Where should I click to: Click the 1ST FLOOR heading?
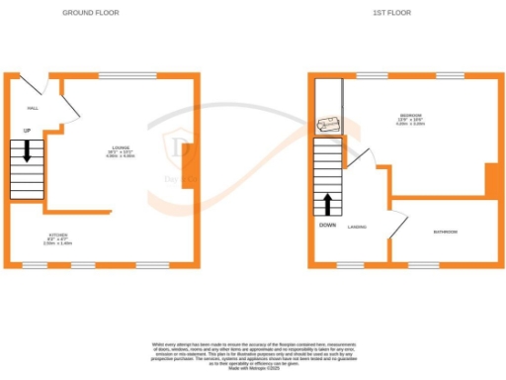click(x=392, y=13)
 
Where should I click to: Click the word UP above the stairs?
click(x=27, y=130)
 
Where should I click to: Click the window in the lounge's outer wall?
click(x=120, y=75)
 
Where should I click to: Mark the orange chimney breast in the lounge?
click(x=189, y=156)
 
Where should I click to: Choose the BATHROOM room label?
click(x=446, y=233)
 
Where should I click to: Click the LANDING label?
click(x=358, y=227)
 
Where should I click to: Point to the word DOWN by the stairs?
click(x=328, y=225)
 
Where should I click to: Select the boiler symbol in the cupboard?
click(x=329, y=126)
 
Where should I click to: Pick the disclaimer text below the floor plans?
click(x=253, y=354)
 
